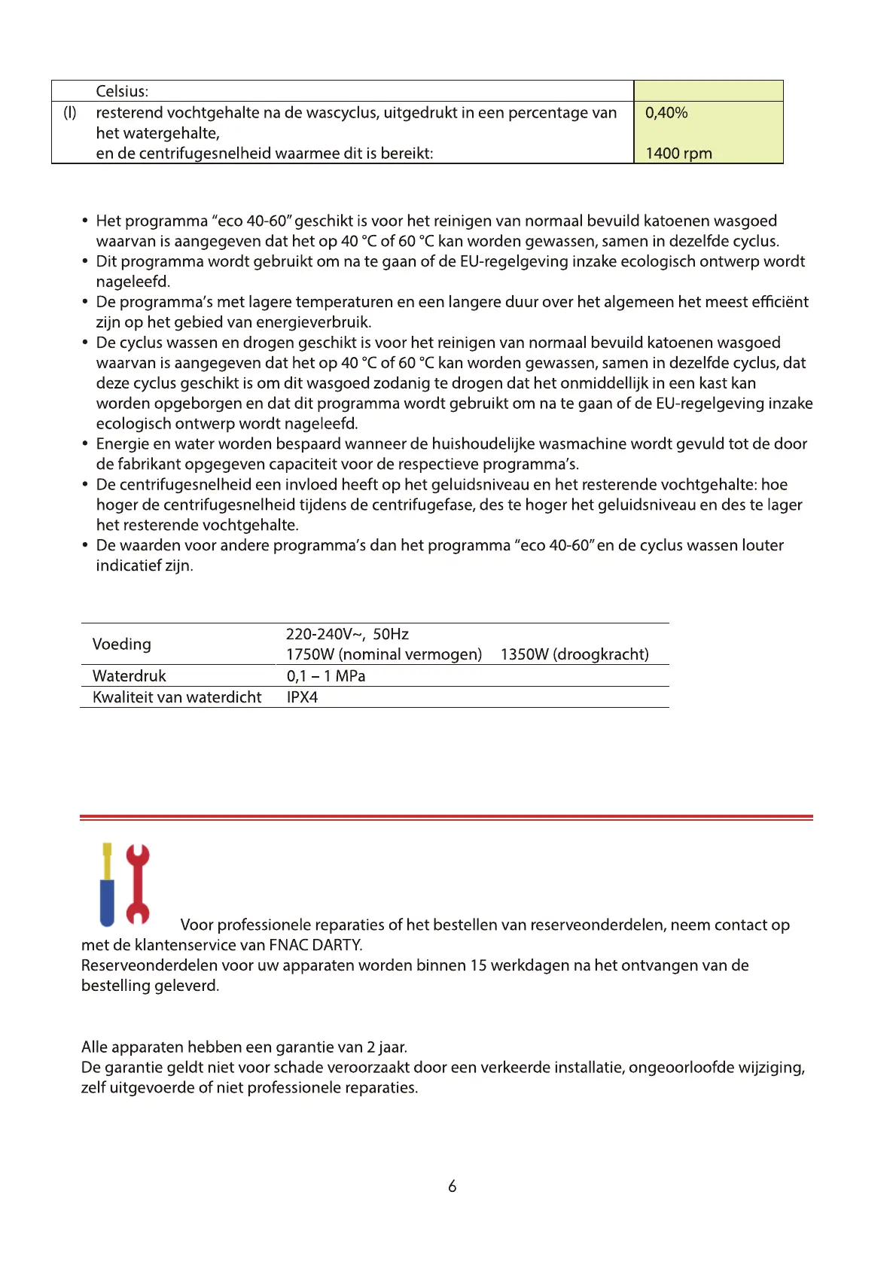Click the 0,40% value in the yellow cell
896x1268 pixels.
(666, 113)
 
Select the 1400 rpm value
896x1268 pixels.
(678, 154)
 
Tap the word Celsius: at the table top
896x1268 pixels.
(122, 92)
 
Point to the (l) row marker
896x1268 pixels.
(69, 113)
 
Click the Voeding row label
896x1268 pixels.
(122, 645)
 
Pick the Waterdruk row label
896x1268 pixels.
(130, 676)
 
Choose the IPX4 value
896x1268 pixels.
(302, 697)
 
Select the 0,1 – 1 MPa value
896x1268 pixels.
(326, 676)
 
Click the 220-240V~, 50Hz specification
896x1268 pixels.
(347, 635)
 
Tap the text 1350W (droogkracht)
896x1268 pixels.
(574, 654)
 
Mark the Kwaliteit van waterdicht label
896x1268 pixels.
(177, 697)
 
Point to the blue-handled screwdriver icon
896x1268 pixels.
(108, 885)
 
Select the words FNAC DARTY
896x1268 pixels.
(315, 945)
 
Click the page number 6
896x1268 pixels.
(452, 1187)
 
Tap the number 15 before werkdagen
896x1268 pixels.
(479, 965)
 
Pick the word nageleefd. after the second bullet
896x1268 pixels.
(133, 282)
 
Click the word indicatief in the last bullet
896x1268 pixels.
(129, 566)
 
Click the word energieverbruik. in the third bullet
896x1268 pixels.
(314, 322)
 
